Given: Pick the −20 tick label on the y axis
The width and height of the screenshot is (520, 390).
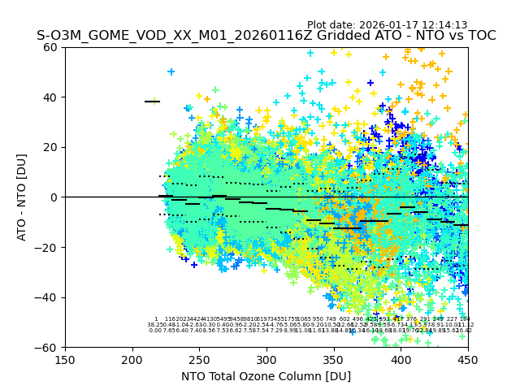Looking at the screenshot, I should point(49,247).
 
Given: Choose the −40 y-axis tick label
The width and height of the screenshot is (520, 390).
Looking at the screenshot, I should point(49,297).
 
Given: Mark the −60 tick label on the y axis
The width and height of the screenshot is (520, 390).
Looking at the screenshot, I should point(49,347).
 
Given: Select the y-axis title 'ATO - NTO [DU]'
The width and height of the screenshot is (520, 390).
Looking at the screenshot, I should point(22,197).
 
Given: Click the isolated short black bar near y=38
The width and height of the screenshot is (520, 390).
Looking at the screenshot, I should point(152,102).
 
